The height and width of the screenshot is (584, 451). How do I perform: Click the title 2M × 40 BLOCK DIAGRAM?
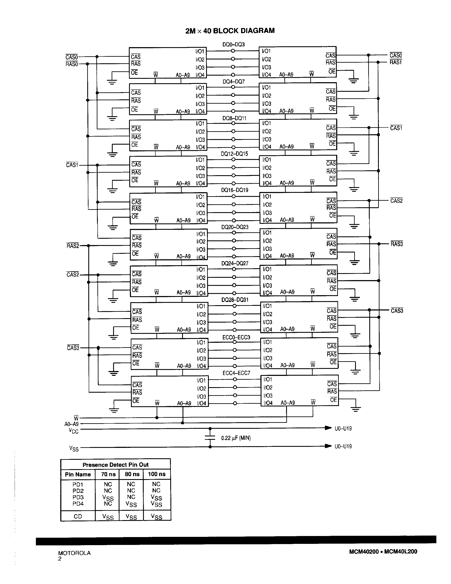coord(230,31)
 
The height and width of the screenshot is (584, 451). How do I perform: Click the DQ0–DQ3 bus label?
coord(233,44)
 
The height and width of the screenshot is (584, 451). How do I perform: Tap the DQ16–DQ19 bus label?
coord(235,190)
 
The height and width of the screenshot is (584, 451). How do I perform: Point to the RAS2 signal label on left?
coord(73,246)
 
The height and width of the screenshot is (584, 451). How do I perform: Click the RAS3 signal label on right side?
coord(396,244)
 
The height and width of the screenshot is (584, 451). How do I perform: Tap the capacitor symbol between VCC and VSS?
coord(210,437)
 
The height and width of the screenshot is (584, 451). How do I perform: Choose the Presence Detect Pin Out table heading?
coord(115,465)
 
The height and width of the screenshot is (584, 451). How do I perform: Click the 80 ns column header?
coord(132,474)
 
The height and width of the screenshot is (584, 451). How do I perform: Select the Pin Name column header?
coord(78,474)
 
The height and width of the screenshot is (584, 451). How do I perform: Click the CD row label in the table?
coord(78,516)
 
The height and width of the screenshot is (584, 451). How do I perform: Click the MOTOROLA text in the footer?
coord(74,553)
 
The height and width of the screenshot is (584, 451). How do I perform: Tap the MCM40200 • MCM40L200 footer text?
coord(383,551)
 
